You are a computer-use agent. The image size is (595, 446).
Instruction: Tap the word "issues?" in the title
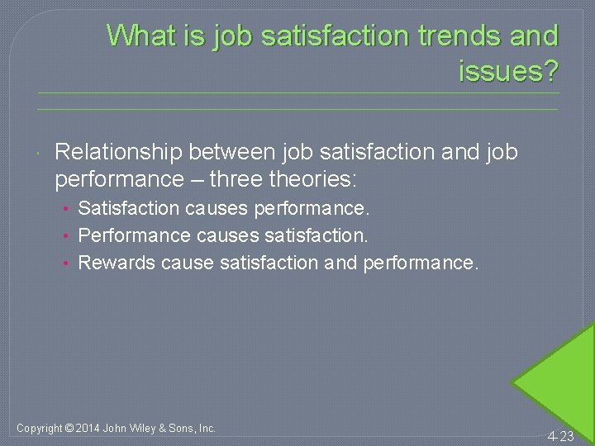[508, 72]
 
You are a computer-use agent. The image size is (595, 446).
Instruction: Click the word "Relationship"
[118, 152]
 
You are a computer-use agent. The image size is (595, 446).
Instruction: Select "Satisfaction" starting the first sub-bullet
[128, 208]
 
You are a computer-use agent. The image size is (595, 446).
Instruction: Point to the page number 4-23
[560, 436]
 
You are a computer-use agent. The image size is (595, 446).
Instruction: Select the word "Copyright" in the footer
[39, 428]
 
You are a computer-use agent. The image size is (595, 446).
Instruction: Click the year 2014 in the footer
[88, 428]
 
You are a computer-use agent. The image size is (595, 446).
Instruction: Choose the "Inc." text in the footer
[207, 428]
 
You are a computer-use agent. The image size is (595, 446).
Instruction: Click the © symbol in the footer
[69, 428]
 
